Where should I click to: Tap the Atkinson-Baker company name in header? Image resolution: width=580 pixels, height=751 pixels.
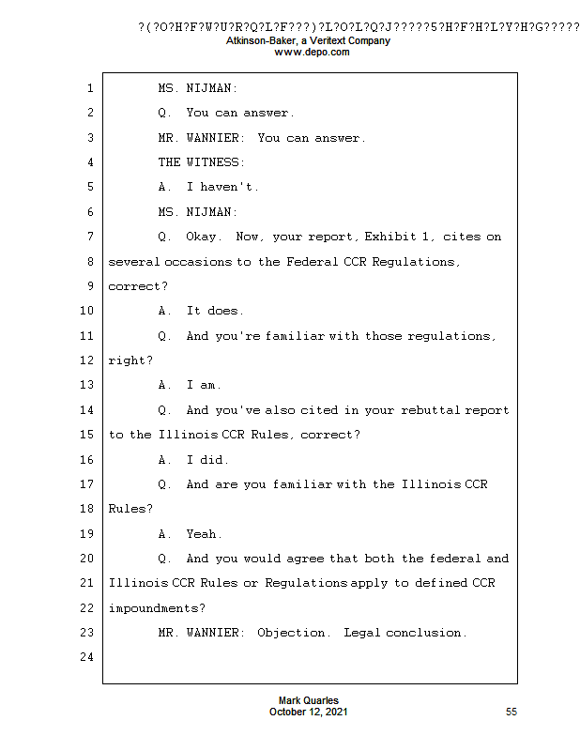pos(309,41)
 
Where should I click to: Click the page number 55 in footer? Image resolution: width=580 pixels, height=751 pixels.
pos(511,713)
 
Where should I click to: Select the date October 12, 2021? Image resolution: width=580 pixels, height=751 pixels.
pos(309,713)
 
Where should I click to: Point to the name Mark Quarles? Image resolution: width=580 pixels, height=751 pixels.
pos(309,701)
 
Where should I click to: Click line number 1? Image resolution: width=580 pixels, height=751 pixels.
pos(89,88)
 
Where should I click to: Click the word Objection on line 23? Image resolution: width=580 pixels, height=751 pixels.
pos(293,633)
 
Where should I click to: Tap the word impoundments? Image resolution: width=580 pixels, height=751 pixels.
pos(155,608)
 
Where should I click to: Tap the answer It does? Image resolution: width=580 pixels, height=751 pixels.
pos(215,311)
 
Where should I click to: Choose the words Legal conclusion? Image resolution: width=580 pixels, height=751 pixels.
pos(404,633)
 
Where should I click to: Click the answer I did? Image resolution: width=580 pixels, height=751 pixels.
pos(207,460)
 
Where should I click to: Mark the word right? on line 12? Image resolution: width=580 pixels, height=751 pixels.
pos(130,360)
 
